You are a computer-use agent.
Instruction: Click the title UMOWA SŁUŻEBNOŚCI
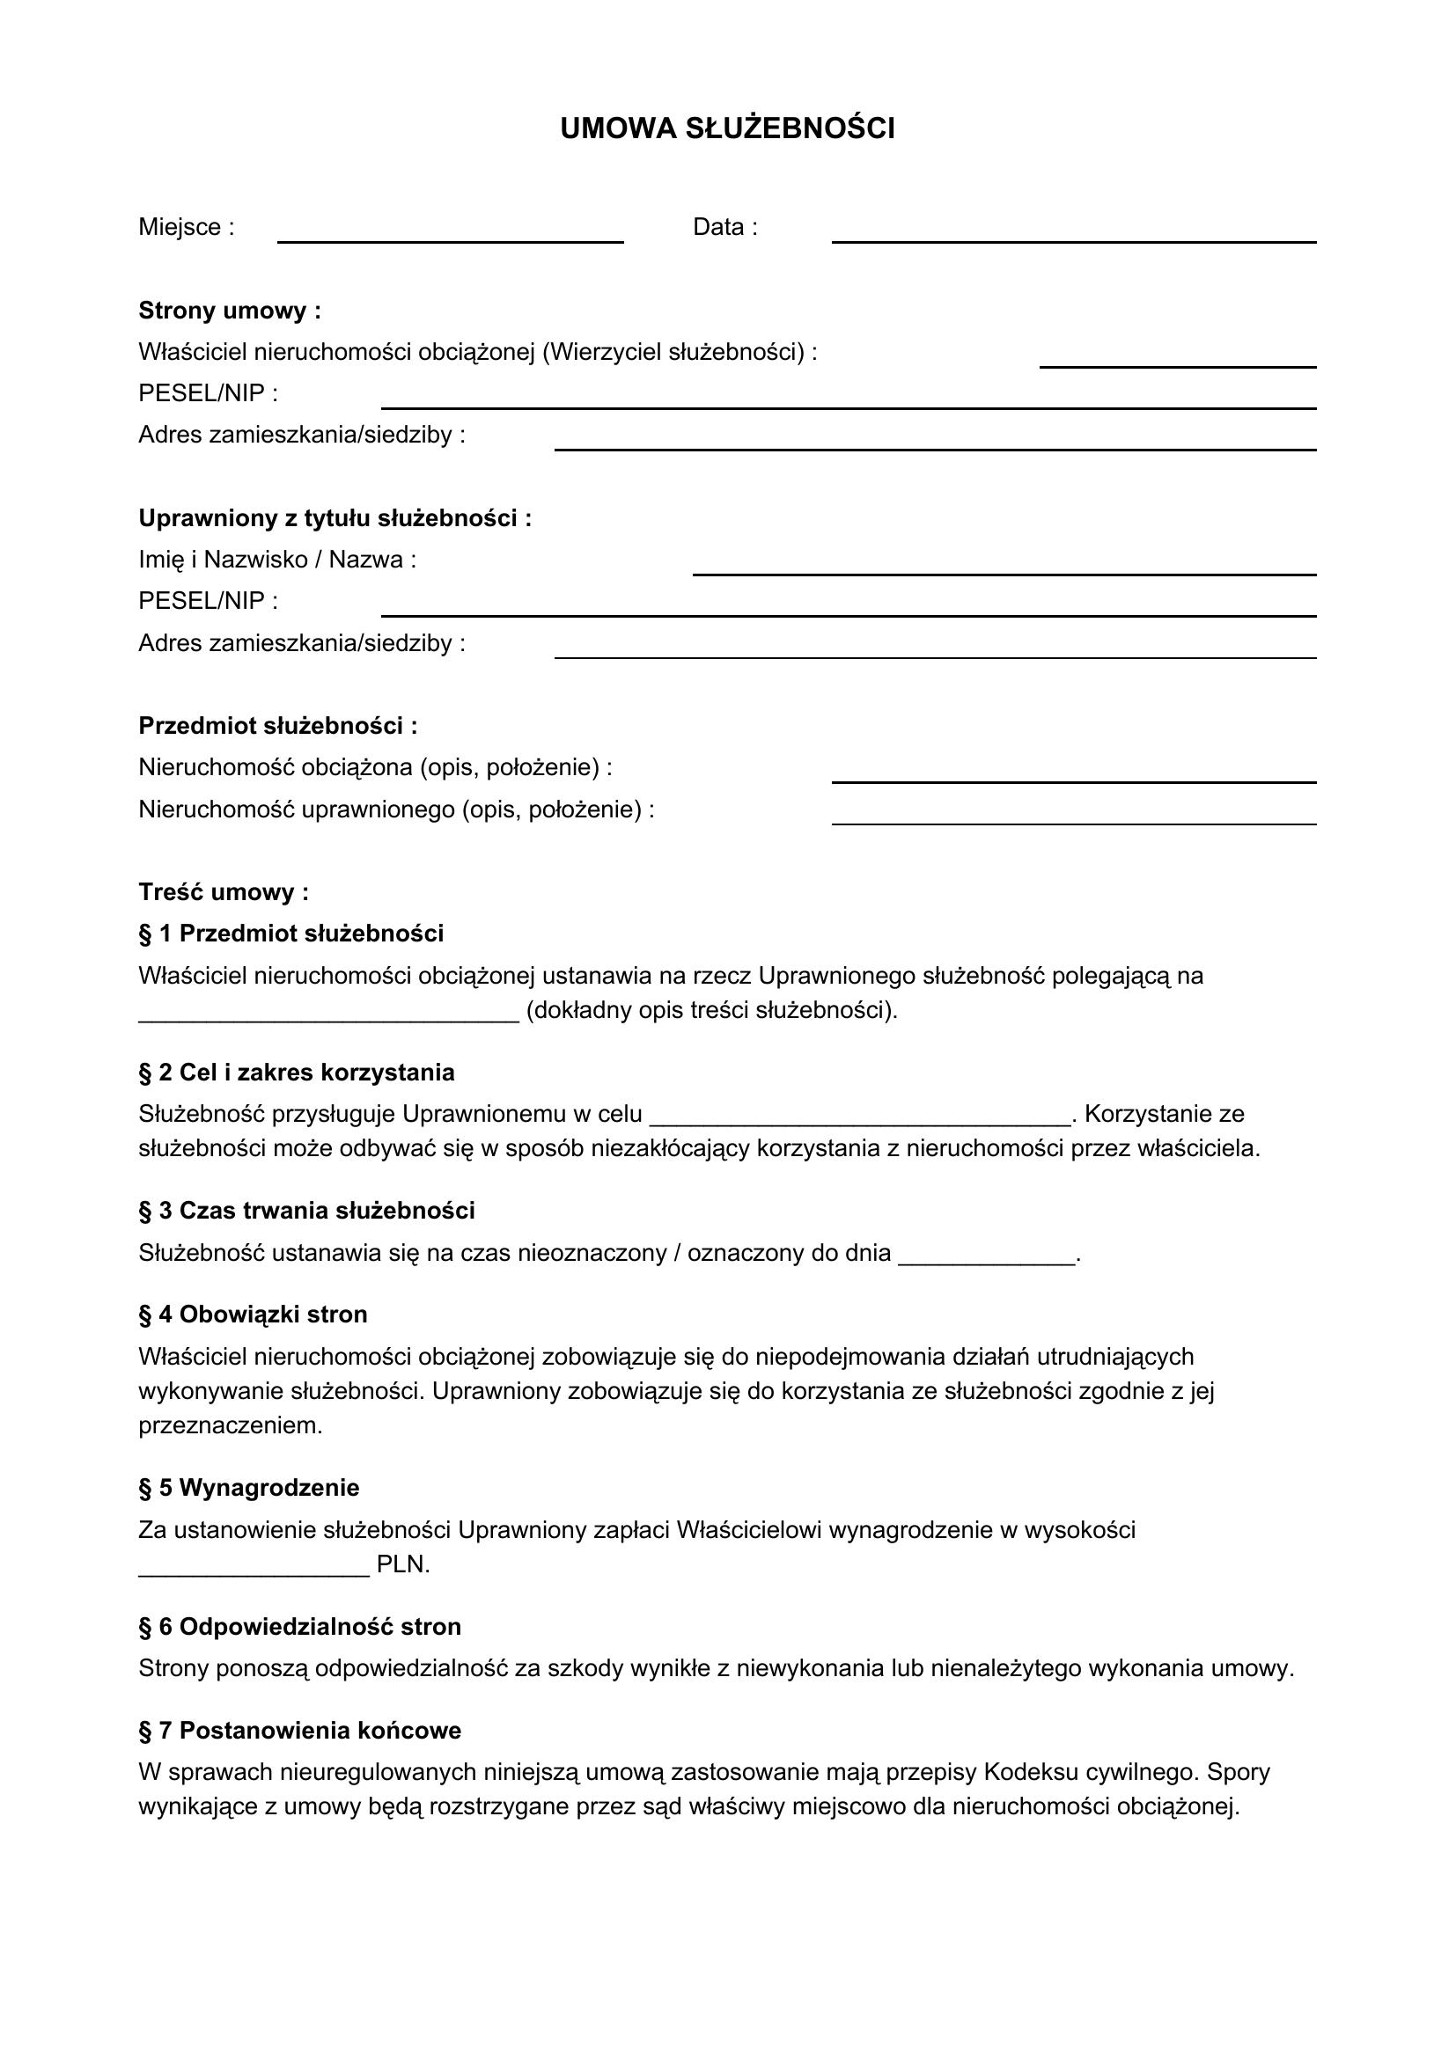(x=727, y=129)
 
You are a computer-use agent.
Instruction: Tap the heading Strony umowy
(x=230, y=311)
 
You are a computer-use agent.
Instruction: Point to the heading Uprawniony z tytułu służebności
(x=335, y=518)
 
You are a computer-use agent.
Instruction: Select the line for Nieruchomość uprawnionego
(x=1073, y=821)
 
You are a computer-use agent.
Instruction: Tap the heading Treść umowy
(x=224, y=892)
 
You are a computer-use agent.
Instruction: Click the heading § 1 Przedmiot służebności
(x=290, y=933)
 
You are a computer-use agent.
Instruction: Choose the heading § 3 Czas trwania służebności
(x=306, y=1210)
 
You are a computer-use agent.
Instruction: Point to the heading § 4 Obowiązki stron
(x=253, y=1314)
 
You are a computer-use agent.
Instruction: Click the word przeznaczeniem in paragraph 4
(x=230, y=1425)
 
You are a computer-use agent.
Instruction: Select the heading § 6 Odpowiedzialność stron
(x=299, y=1626)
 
